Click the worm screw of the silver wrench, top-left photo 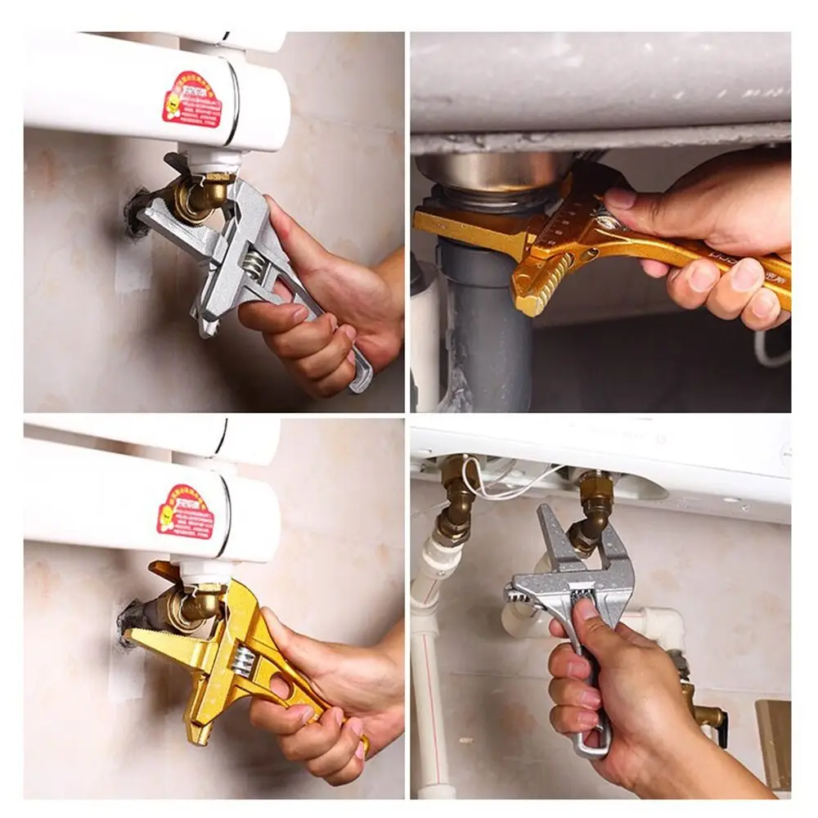(x=255, y=263)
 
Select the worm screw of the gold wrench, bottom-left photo (x=243, y=658)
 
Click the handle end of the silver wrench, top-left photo (x=360, y=380)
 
